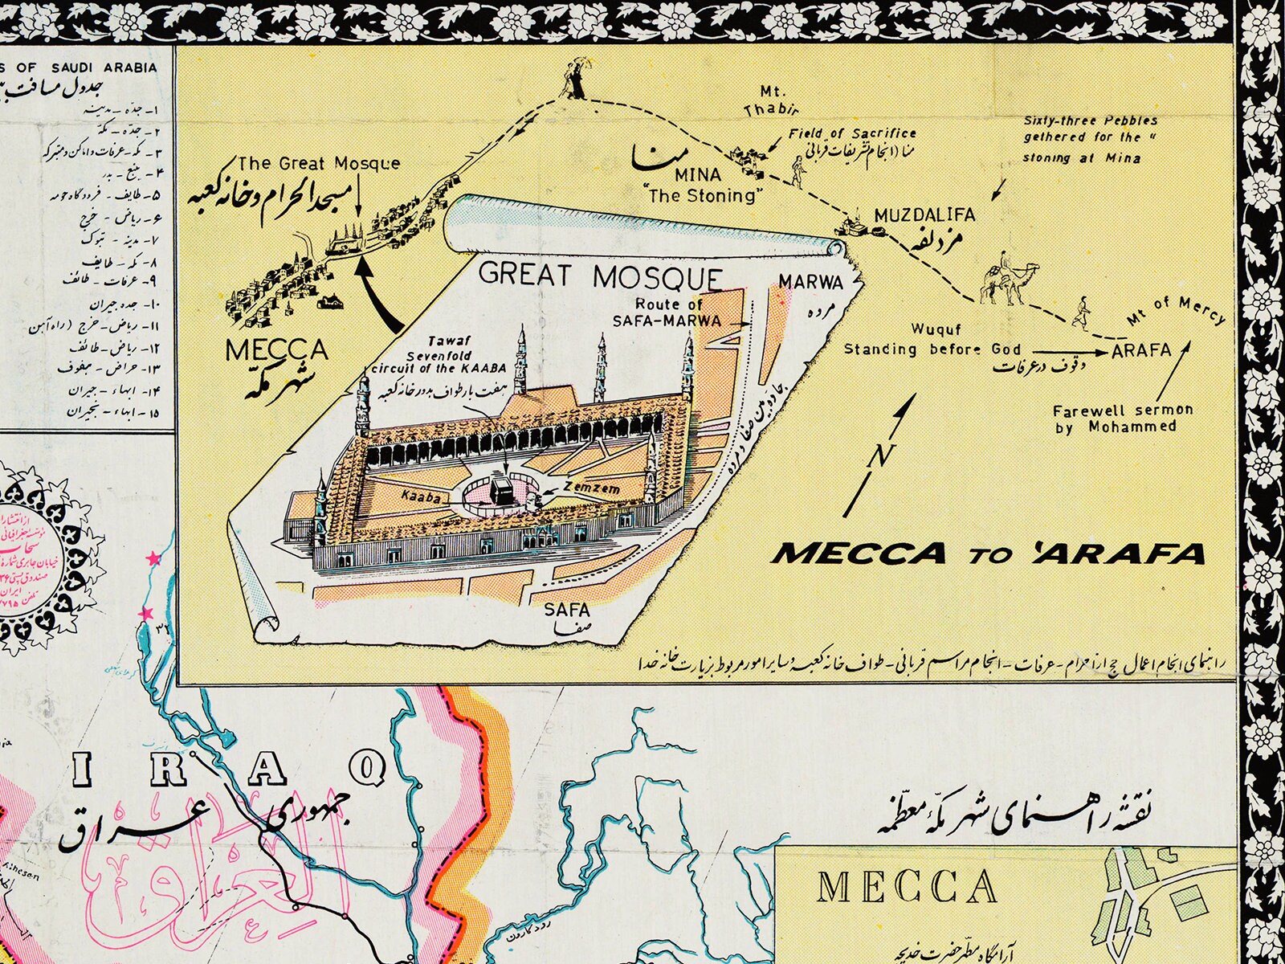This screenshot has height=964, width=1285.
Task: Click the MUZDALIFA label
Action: pos(924,215)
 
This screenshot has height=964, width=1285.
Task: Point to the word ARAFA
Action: pos(1141,350)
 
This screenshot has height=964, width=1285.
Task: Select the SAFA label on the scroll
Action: pos(567,608)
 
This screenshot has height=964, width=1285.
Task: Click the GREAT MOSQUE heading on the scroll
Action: pos(600,276)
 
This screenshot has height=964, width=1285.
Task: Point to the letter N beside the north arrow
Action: pos(880,456)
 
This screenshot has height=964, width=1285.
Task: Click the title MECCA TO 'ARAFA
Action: pos(989,553)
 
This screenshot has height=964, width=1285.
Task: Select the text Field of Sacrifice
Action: pos(852,133)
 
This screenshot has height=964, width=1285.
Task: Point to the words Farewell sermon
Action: pos(1123,411)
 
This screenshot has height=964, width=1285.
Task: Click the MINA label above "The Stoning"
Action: pos(697,175)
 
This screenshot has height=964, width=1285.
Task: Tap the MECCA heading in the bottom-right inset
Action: pos(907,888)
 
